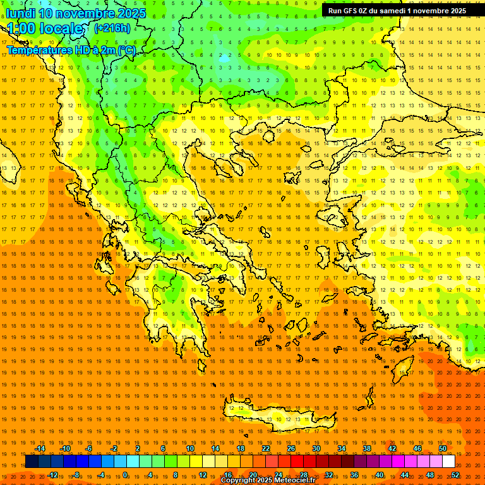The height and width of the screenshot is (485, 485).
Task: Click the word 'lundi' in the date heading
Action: [20, 13]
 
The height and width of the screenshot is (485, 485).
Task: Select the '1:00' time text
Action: [21, 29]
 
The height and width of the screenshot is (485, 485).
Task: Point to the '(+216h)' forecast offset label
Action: [112, 28]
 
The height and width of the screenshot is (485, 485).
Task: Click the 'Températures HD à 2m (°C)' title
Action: [71, 50]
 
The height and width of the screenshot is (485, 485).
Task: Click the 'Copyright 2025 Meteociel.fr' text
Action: [268, 481]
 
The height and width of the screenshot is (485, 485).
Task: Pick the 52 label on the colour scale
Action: [455, 475]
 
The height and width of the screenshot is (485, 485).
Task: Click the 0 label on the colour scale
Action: [125, 475]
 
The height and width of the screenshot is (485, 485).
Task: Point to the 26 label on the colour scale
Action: [291, 448]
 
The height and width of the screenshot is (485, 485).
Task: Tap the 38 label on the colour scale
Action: [367, 448]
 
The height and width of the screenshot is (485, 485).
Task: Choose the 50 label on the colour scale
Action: [443, 448]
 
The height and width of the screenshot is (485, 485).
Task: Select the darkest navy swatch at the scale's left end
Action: [32, 462]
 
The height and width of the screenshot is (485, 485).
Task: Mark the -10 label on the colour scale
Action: [64, 448]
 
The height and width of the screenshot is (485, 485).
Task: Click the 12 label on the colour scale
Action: [203, 475]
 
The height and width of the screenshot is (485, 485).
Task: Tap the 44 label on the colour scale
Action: [405, 475]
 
